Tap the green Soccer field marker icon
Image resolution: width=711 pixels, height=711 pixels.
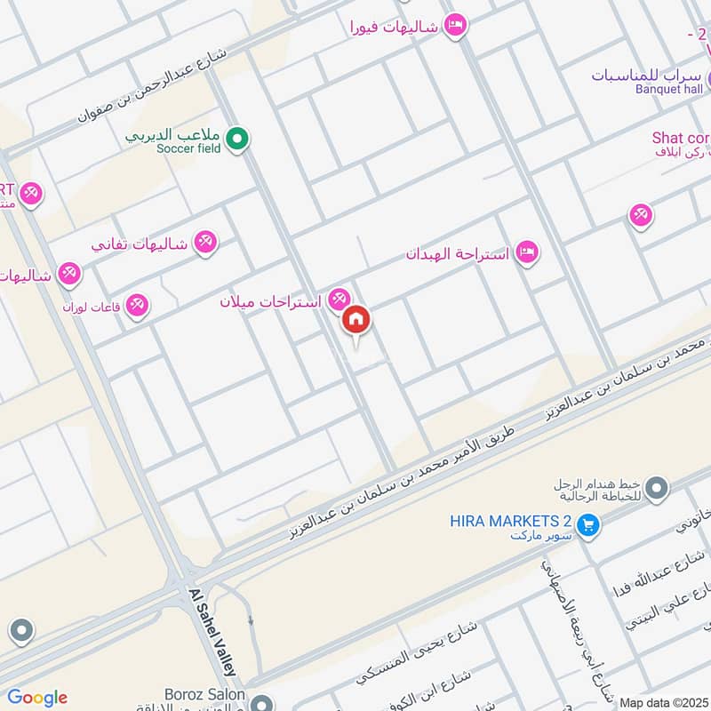click(236, 139)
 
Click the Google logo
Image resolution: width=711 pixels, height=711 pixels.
click(36, 698)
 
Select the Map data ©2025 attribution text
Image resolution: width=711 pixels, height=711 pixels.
click(664, 702)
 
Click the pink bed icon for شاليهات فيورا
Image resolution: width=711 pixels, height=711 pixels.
click(455, 26)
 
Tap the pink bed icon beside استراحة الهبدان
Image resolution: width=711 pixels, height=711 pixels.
click(527, 253)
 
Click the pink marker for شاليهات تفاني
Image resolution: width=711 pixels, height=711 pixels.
click(206, 242)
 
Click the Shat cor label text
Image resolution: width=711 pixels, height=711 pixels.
click(681, 138)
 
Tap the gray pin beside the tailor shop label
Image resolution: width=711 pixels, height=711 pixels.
click(657, 487)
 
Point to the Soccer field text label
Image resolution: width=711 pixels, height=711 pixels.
click(188, 148)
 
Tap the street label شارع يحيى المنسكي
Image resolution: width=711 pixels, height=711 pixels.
click(416, 653)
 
